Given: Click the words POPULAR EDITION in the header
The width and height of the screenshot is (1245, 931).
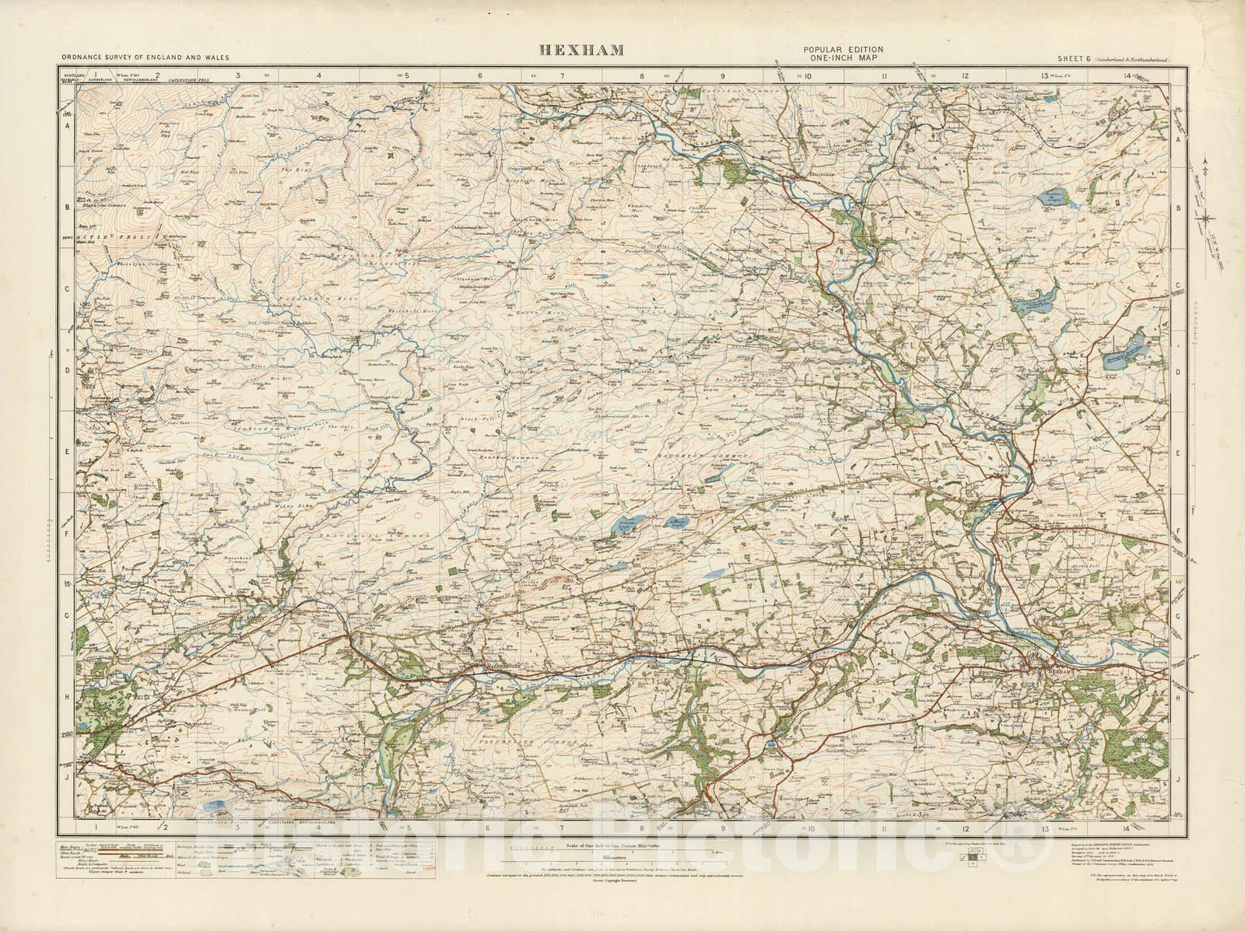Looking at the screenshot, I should tap(843, 50).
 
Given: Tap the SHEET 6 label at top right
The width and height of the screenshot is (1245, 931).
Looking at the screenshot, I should tap(1075, 60).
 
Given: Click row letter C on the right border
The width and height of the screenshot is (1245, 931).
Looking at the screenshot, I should tap(1179, 285).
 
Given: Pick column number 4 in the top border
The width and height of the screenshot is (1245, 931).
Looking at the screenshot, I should tap(319, 76).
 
